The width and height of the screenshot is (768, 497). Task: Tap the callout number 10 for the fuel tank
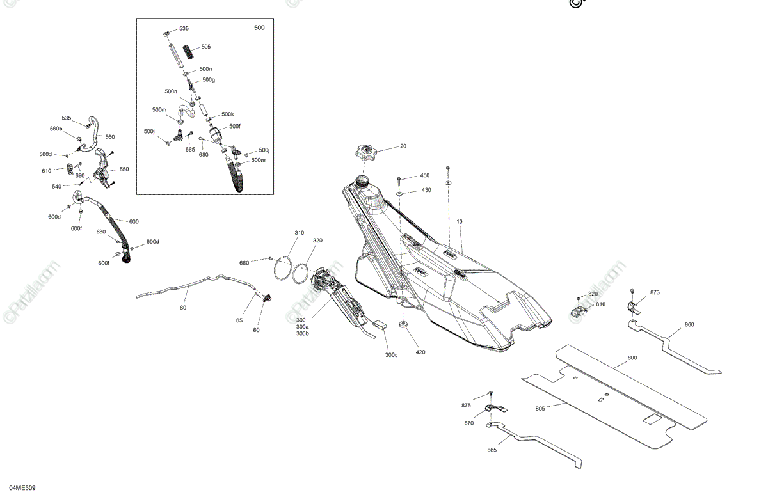[460, 221]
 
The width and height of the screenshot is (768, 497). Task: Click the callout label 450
[425, 175]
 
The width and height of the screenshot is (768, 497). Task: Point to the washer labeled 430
[399, 191]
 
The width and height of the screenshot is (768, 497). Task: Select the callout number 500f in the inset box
[235, 126]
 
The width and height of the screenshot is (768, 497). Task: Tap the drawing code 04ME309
[22, 489]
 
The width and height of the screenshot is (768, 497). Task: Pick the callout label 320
[317, 241]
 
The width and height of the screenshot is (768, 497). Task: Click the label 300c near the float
[391, 355]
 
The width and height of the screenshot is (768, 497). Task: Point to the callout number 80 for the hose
[183, 308]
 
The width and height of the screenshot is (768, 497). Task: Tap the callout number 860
[689, 325]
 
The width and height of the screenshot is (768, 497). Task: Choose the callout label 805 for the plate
[540, 408]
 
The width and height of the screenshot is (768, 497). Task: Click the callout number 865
[492, 450]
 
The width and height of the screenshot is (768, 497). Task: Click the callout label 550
[124, 170]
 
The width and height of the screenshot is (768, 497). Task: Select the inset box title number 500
[259, 28]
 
